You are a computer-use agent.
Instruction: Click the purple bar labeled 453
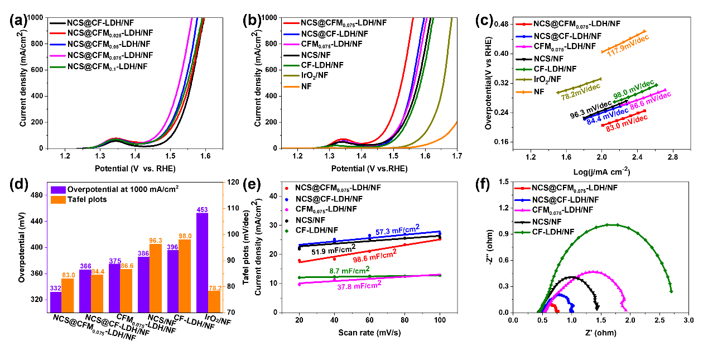coord(203,262)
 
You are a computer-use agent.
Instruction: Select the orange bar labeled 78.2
coord(215,301)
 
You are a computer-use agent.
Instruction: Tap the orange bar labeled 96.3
coord(156,278)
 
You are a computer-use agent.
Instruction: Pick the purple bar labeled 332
coord(55,302)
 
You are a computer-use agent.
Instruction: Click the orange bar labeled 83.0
coord(68,295)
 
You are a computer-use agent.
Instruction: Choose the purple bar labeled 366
coord(85,291)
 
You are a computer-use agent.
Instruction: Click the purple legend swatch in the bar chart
coord(58,190)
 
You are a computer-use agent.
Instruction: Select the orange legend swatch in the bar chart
coord(58,200)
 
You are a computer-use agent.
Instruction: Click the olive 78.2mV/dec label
coord(581,92)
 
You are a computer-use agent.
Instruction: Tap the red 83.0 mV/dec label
coord(627,122)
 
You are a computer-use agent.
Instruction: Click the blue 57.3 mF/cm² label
coord(397,231)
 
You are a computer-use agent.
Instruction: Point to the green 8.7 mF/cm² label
coord(349,270)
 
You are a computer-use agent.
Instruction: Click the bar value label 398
coord(172,247)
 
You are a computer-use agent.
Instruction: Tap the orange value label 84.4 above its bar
coord(97,272)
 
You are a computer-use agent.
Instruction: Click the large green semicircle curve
coord(613,224)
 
